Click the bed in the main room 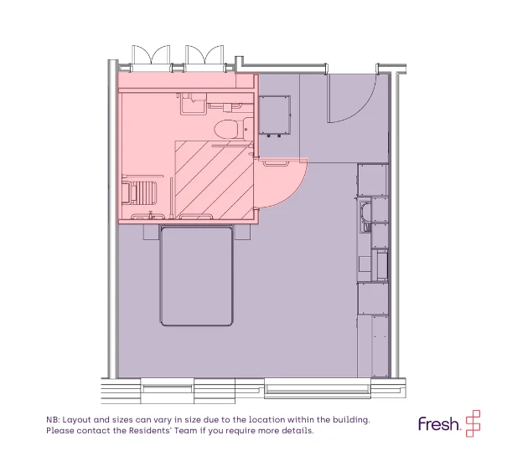click(x=196, y=276)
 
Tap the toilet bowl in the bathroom click(x=226, y=130)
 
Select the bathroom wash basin click(x=193, y=103)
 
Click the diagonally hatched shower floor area click(x=214, y=179)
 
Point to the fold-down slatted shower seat click(x=140, y=192)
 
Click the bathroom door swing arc click(x=292, y=191)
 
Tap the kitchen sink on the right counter click(x=365, y=217)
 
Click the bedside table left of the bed click(x=152, y=232)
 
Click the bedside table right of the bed click(x=242, y=232)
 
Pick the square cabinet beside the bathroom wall click(x=275, y=115)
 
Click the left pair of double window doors click(x=151, y=57)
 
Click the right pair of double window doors click(x=204, y=57)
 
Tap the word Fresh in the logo click(x=439, y=424)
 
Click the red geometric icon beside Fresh click(x=473, y=423)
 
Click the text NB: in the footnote click(x=53, y=420)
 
